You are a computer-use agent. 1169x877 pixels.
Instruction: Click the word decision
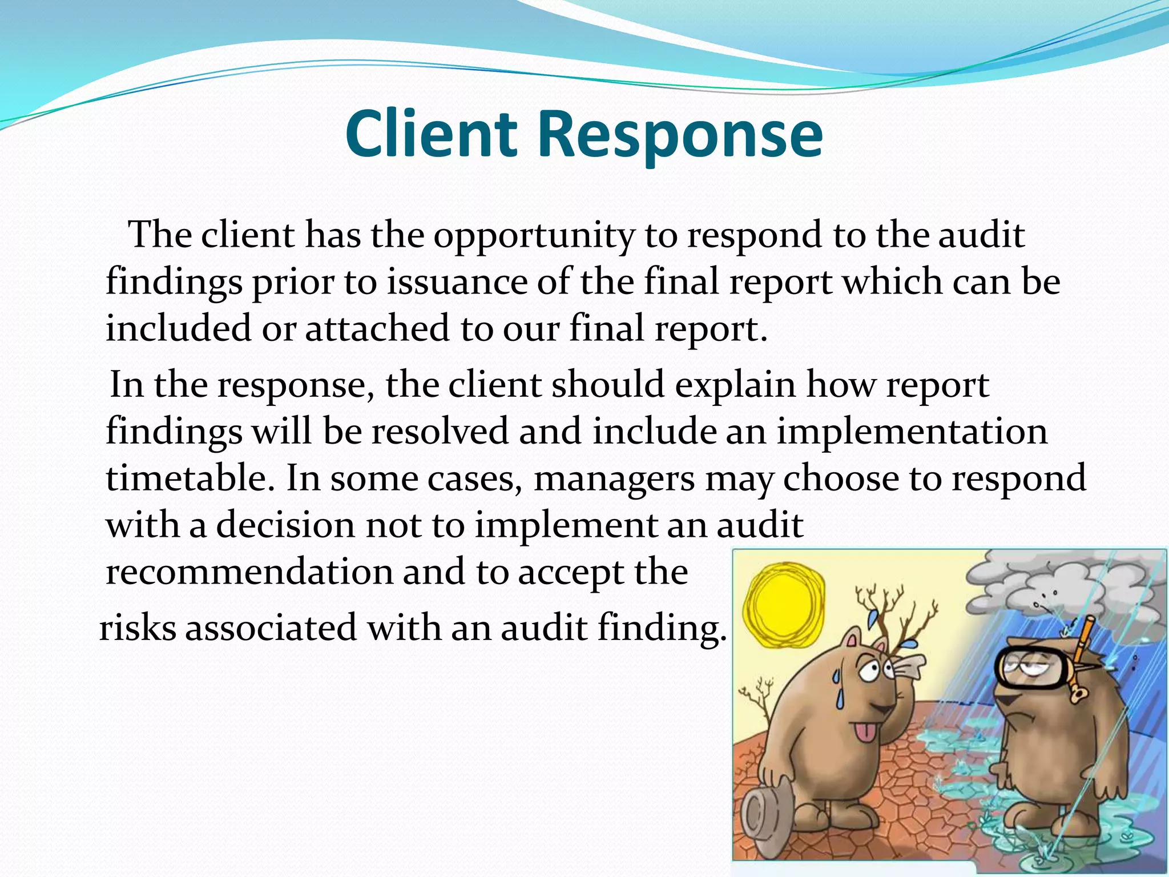285,525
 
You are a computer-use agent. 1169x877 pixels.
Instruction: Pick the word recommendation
249,572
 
